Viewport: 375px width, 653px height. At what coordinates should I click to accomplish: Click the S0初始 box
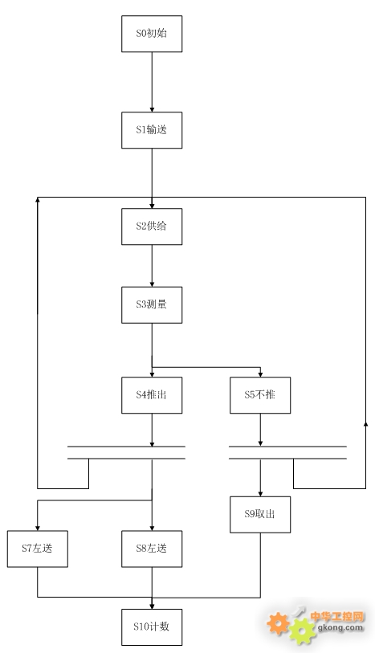point(152,34)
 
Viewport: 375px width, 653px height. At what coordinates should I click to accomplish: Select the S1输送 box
point(152,130)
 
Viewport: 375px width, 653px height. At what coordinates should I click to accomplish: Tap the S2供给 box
point(152,227)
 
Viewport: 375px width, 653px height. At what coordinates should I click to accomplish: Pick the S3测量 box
point(152,305)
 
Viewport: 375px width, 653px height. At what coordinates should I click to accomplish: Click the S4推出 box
point(152,395)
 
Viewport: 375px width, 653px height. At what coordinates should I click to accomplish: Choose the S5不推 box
point(260,395)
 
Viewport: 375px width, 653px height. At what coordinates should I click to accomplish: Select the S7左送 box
point(38,549)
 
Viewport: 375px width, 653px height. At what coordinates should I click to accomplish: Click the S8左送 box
point(152,549)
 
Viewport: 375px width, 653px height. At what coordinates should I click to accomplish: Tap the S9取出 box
point(260,514)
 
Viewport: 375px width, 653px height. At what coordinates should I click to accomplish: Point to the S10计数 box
point(152,626)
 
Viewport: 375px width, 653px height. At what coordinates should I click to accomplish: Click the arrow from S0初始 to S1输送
point(152,82)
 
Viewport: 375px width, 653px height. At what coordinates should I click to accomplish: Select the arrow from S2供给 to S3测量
point(152,266)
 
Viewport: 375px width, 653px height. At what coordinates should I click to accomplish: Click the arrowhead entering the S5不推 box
point(260,374)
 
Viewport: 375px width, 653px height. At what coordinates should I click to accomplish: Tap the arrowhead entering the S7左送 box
point(38,528)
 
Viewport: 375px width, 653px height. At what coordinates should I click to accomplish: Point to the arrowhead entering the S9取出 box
point(260,493)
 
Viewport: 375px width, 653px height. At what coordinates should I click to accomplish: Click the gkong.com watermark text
point(340,627)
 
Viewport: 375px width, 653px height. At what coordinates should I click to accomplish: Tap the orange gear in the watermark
point(278,622)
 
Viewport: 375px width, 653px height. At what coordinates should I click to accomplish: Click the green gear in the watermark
point(303,631)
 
